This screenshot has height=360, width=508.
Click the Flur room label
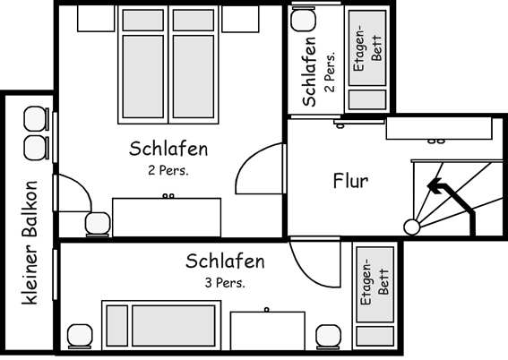click(350, 180)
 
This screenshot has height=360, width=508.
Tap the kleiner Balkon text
click(30, 242)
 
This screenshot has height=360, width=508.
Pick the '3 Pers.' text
click(226, 283)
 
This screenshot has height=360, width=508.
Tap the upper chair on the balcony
click(34, 117)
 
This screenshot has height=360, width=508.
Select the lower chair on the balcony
click(34, 146)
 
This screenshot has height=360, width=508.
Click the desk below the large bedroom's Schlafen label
click(166, 217)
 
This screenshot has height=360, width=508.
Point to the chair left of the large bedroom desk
click(95, 222)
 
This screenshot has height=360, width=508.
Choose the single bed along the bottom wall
click(162, 326)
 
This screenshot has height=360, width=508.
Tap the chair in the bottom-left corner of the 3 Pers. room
click(80, 336)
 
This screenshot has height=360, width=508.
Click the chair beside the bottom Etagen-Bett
click(330, 337)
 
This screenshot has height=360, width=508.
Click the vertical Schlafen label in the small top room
click(309, 72)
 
